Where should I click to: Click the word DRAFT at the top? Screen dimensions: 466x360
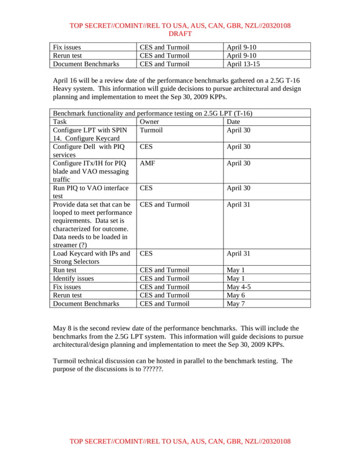180,34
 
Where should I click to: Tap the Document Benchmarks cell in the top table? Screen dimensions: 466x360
86,64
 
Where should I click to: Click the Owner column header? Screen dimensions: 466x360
149,121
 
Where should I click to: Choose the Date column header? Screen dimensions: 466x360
233,121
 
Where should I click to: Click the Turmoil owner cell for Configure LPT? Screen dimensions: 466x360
151,130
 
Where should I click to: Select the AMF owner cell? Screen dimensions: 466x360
147,163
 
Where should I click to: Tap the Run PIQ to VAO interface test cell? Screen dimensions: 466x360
90,192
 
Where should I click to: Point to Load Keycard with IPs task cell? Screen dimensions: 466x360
91,257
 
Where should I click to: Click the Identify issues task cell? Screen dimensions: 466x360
73,279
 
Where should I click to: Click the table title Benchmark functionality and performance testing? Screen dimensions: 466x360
152,113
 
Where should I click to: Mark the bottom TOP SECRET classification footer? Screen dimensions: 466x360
180,441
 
